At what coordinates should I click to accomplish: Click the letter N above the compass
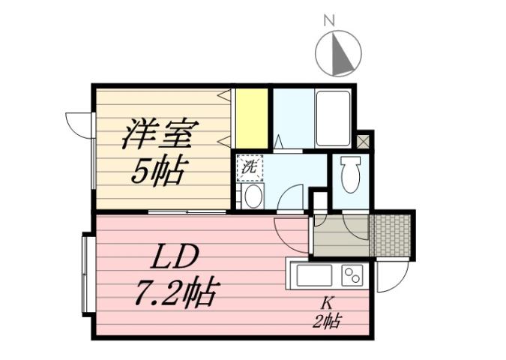[328, 21]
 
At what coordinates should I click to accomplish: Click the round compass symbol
[338, 54]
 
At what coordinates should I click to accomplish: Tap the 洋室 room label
[158, 136]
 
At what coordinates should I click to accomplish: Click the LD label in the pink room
[177, 257]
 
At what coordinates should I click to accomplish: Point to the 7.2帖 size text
[178, 292]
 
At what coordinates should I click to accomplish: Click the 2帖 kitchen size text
[327, 322]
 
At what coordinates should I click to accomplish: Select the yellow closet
[252, 118]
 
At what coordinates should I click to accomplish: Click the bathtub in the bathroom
[333, 118]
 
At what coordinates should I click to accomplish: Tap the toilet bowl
[350, 175]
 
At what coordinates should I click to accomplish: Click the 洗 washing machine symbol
[248, 167]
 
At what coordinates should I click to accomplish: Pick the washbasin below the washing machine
[252, 196]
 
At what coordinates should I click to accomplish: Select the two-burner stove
[351, 275]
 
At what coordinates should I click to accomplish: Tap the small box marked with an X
[364, 139]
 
